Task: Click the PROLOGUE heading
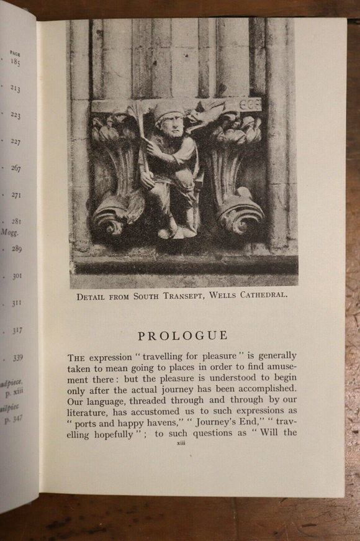[182, 335]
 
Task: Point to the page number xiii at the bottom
[181, 443]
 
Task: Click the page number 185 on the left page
[15, 62]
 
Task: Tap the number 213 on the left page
[15, 89]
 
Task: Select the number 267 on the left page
[16, 168]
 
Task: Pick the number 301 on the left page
[16, 276]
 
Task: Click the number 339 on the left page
[17, 358]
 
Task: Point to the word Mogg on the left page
[9, 233]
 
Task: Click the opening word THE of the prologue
[76, 358]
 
